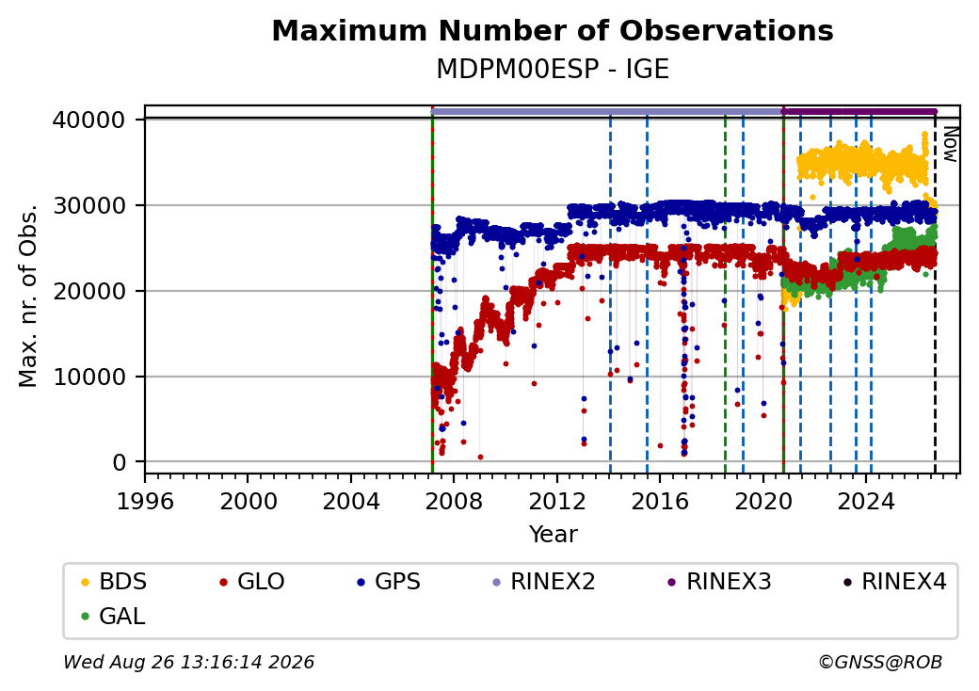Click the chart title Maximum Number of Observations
click(x=553, y=30)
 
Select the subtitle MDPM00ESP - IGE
click(x=553, y=69)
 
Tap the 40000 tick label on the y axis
click(x=89, y=120)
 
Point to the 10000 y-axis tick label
click(x=89, y=377)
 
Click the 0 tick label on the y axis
click(x=120, y=462)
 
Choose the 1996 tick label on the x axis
click(x=145, y=501)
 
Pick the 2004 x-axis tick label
click(x=351, y=501)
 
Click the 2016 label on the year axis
click(x=660, y=501)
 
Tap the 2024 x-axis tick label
click(x=866, y=501)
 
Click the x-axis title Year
click(x=554, y=535)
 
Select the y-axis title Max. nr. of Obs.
click(x=28, y=295)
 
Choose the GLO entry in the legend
click(x=252, y=582)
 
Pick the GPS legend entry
click(x=389, y=582)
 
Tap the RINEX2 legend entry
click(x=544, y=582)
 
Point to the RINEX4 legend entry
click(x=894, y=582)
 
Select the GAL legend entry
click(x=114, y=616)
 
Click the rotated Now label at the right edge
click(x=950, y=144)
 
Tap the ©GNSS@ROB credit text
click(x=880, y=662)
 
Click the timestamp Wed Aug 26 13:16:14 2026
click(x=189, y=662)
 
